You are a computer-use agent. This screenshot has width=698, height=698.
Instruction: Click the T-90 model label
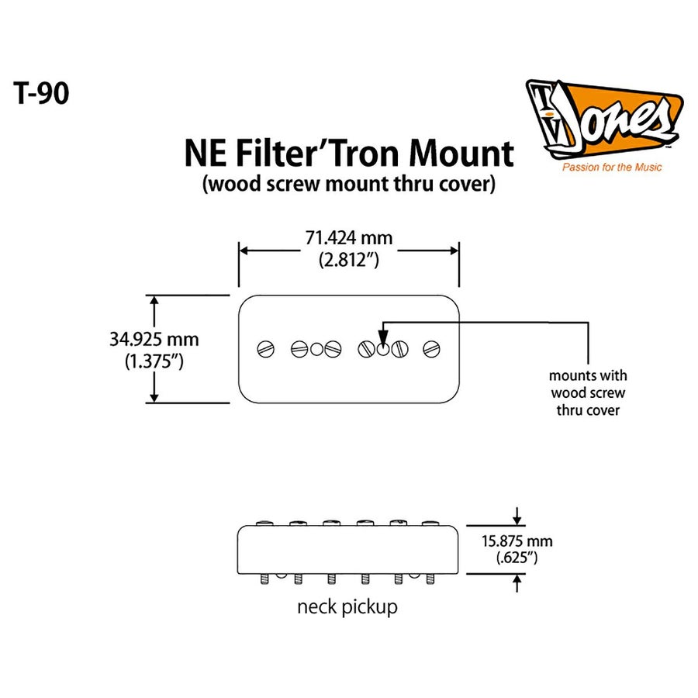41,93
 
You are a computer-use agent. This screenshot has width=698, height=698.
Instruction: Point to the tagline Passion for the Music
612,167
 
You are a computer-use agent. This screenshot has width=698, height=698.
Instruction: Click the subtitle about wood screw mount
348,185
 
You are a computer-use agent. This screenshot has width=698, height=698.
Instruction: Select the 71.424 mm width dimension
348,238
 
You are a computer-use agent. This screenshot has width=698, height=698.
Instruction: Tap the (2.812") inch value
348,261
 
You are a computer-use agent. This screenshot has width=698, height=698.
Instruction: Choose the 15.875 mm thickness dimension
517,541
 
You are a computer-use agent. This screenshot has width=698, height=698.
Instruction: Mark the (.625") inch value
517,557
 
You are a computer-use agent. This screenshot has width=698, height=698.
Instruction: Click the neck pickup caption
347,606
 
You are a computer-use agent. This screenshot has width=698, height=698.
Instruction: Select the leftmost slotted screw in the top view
266,349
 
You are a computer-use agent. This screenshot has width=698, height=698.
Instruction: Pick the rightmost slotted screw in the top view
431,349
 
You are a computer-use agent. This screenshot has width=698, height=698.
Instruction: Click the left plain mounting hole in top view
316,349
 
